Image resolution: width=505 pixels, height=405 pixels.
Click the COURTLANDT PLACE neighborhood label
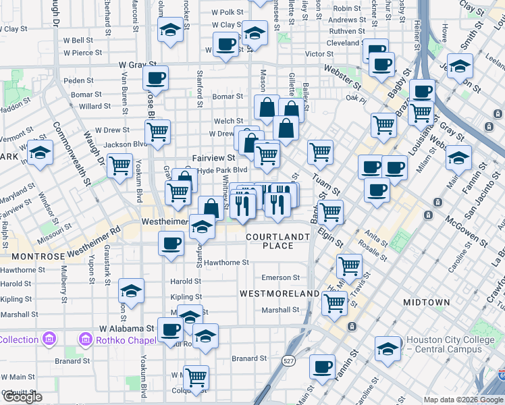[278, 241]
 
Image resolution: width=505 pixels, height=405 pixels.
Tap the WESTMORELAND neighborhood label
[280, 294]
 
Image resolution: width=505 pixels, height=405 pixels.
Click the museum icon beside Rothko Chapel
[86, 337]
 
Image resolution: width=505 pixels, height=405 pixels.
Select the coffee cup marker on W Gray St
[156, 78]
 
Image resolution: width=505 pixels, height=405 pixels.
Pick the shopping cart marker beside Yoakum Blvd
[120, 164]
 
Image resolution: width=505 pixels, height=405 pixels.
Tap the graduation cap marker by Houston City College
[388, 348]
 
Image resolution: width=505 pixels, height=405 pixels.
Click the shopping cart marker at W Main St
[196, 377]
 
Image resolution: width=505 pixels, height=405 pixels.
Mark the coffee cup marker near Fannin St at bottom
[323, 368]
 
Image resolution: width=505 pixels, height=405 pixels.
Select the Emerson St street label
[280, 277]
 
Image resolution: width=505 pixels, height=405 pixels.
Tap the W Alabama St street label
[128, 328]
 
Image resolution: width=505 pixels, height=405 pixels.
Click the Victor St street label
[315, 54]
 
